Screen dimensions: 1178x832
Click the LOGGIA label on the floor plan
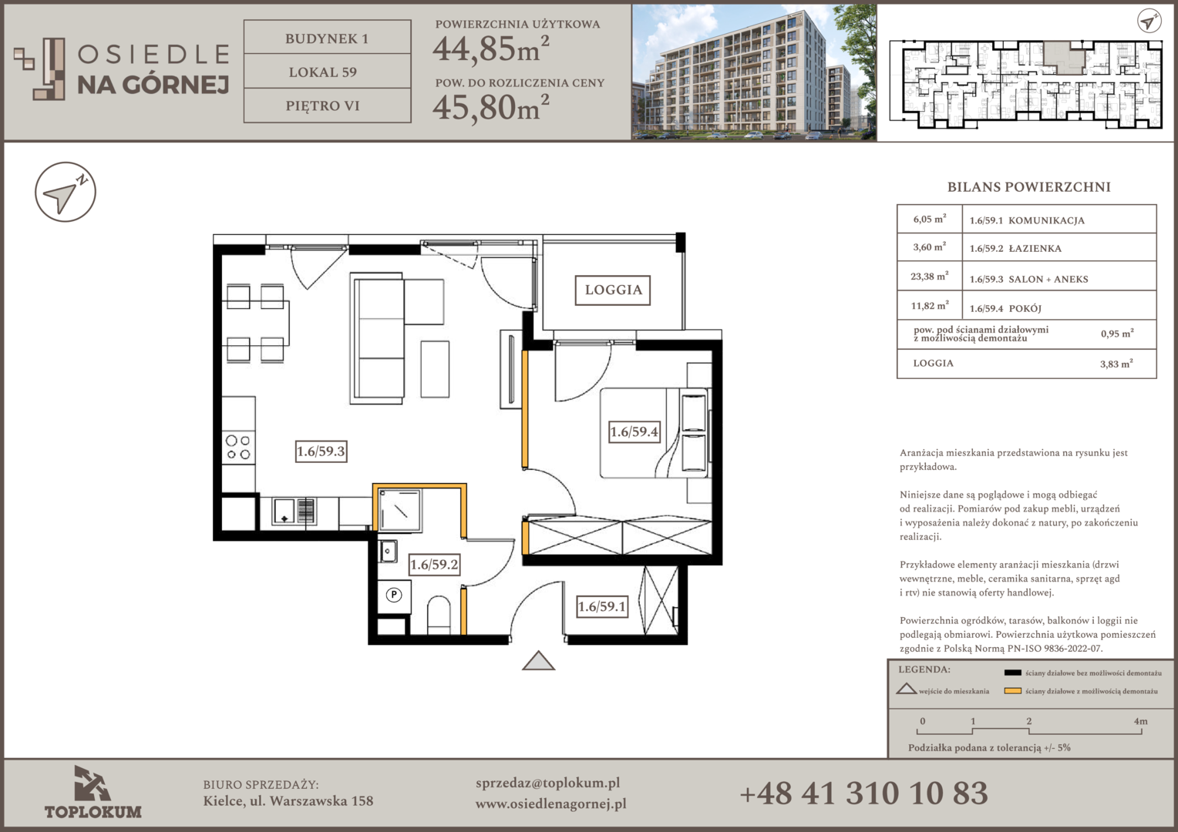coord(613,290)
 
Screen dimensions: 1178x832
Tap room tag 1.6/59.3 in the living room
coord(321,451)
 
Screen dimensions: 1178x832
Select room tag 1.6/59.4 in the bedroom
coord(634,432)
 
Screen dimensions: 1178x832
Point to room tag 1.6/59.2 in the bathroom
coord(434,565)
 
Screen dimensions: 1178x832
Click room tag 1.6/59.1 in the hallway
coord(602,606)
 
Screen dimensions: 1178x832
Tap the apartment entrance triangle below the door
coord(539,661)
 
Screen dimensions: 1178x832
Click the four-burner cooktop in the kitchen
coord(238,448)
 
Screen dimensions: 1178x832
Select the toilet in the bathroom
coord(439,615)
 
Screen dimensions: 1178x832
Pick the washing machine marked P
coord(394,596)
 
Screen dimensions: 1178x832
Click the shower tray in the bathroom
coord(400,510)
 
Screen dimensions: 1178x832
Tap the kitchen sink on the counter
coord(294,512)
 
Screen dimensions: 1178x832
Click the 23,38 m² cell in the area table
coord(929,277)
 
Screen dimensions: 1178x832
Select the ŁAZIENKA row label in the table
coord(1035,249)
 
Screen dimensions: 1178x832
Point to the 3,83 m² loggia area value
coord(1116,363)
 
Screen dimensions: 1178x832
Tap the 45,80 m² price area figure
coord(490,107)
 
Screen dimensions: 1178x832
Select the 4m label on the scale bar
coord(1141,721)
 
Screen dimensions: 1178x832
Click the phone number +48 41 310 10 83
coord(863,793)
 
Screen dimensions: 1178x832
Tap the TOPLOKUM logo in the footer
coord(93,793)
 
